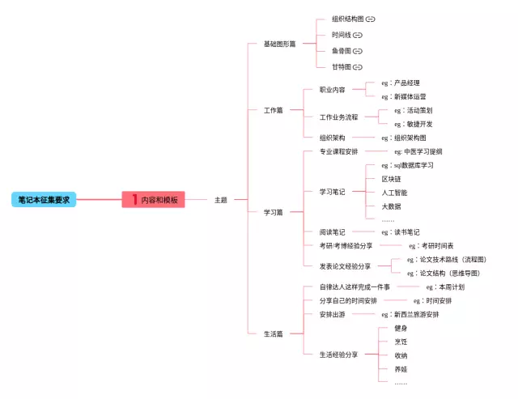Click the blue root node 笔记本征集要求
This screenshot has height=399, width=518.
45,199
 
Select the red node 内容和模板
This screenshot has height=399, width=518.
154,199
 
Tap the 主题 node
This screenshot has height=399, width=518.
220,199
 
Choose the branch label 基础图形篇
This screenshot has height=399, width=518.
279,44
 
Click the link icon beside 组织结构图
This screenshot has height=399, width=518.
371,19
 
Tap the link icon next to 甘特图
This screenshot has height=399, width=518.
358,66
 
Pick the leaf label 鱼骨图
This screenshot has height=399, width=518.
340,51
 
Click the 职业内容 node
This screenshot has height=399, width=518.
332,90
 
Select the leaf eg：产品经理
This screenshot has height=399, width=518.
401,83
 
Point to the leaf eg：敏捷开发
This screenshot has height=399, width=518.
413,124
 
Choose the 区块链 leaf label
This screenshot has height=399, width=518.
391,179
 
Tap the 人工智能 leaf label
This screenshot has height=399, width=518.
394,193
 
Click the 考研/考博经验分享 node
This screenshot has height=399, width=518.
346,245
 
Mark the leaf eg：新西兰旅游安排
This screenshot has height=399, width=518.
410,314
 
